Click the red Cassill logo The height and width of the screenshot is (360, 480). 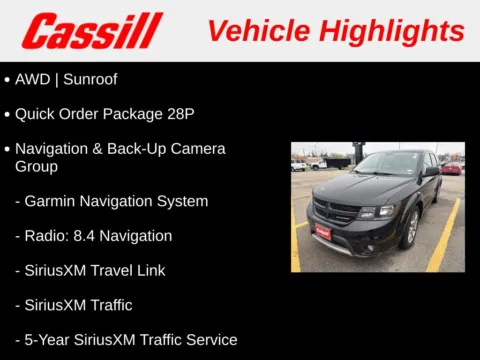(x=92, y=30)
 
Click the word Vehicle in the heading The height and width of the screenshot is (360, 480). (x=256, y=30)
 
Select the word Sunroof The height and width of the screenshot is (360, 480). (x=90, y=79)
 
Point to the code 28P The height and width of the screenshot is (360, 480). (x=176, y=114)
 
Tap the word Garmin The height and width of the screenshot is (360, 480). (x=52, y=201)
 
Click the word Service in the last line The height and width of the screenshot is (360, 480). (x=210, y=339)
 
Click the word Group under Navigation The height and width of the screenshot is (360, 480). (x=36, y=166)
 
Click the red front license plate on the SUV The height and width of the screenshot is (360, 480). (x=323, y=232)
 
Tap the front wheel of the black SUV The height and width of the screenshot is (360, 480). (x=410, y=229)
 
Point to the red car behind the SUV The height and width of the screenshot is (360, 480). (x=451, y=167)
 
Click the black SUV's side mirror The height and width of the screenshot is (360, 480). (x=431, y=173)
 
